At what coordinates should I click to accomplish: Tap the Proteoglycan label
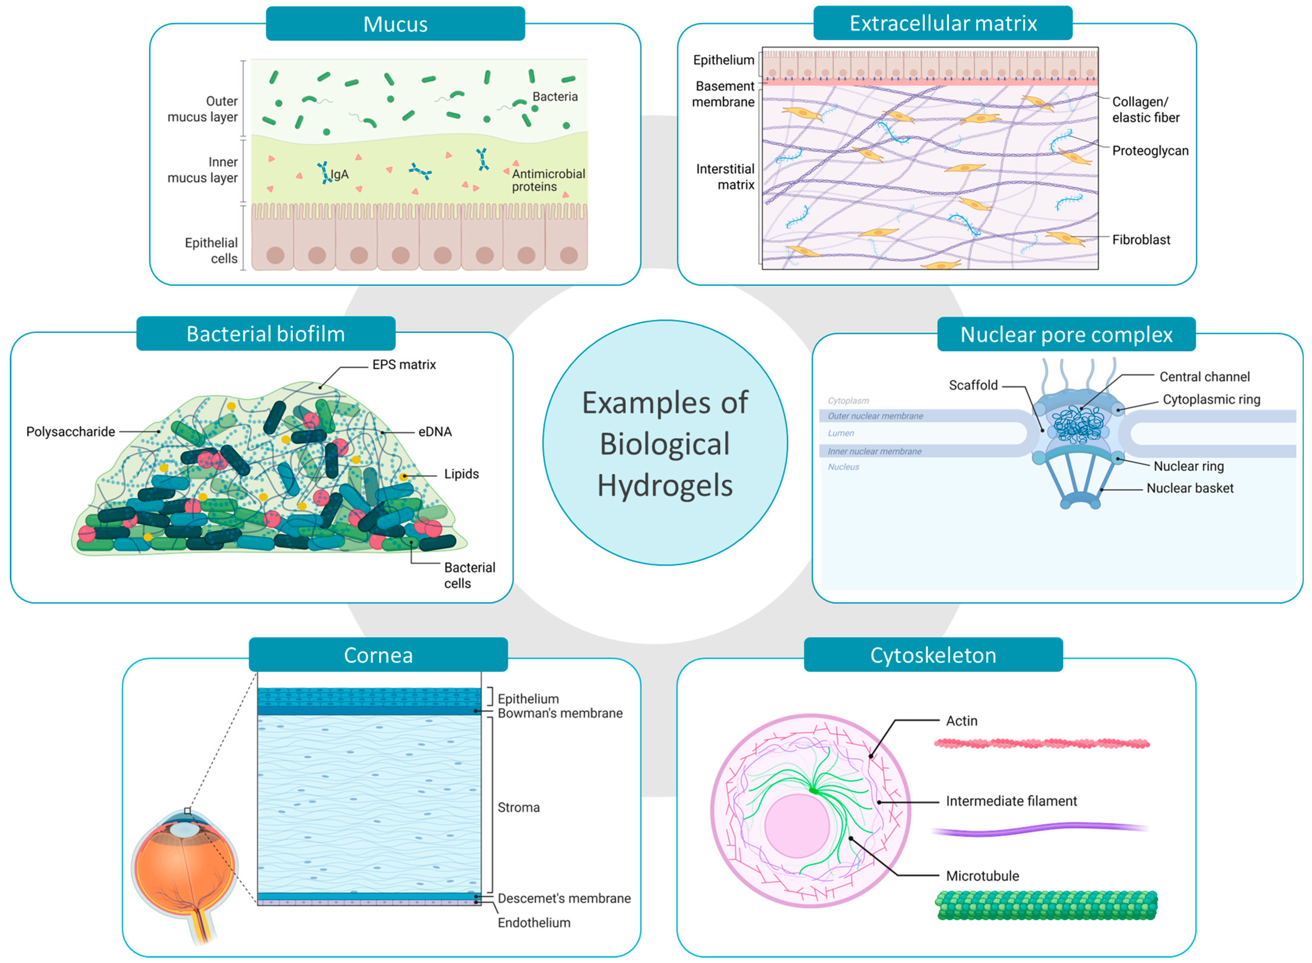click(1149, 150)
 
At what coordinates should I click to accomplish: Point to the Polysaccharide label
click(71, 431)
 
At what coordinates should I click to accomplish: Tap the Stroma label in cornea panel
click(518, 807)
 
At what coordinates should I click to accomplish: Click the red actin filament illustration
click(1041, 743)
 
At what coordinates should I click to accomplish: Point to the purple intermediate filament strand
click(1040, 828)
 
